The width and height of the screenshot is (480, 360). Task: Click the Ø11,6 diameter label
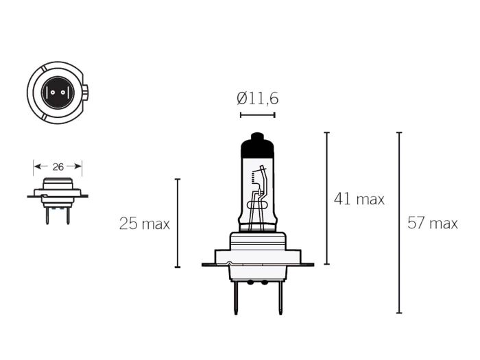(258, 99)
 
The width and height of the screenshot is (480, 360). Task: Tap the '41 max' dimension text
(359, 200)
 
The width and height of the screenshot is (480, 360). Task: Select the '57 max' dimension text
(432, 223)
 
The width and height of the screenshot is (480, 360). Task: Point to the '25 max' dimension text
(144, 224)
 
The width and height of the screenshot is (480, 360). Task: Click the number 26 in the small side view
(58, 167)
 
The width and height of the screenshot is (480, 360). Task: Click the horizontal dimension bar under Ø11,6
(258, 115)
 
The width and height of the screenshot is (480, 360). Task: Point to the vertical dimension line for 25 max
(178, 224)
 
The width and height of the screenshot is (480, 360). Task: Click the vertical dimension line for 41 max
(326, 198)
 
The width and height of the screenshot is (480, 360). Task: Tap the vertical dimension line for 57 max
(399, 223)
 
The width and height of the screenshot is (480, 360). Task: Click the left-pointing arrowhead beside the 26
(37, 167)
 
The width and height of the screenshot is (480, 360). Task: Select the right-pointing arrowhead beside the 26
(78, 167)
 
